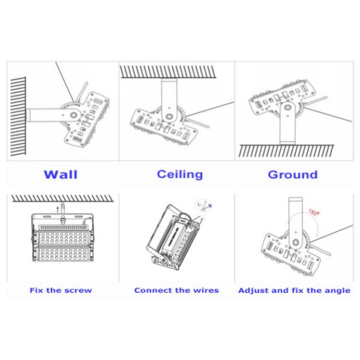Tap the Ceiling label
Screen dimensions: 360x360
pyautogui.click(x=179, y=175)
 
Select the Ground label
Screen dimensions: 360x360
pyautogui.click(x=292, y=175)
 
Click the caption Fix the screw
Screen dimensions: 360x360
pyautogui.click(x=61, y=290)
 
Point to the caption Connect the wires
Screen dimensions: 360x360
pyautogui.click(x=176, y=290)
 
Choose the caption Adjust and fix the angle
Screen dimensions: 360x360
pyautogui.click(x=294, y=290)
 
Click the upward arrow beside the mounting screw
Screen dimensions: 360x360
pyautogui.click(x=58, y=207)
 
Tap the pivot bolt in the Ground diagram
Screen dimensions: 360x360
pyautogui.click(x=287, y=111)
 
